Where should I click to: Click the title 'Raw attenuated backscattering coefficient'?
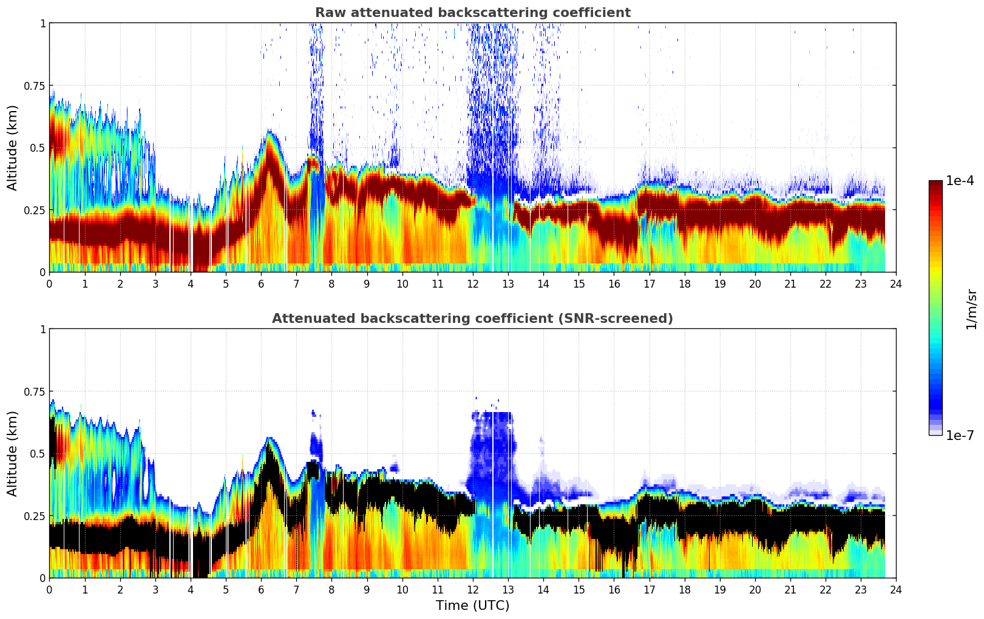472,13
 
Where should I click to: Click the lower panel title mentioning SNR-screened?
472,319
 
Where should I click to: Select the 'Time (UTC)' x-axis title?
472,605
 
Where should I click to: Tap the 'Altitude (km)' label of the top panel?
13,147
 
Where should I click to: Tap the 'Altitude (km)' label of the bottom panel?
13,453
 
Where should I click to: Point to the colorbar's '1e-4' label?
960,181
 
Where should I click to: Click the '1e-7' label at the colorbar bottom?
960,435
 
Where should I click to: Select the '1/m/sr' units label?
971,309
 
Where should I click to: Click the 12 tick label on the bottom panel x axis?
473,589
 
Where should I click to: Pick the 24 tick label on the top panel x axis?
896,283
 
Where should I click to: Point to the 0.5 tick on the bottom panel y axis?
38,453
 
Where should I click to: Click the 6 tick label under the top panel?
261,283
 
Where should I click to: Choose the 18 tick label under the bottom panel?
684,589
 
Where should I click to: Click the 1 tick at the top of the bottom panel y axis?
42,329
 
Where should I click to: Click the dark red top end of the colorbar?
935,183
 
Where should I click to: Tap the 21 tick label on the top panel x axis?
790,283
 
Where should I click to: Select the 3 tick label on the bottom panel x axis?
155,589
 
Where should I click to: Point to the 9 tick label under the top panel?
367,283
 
